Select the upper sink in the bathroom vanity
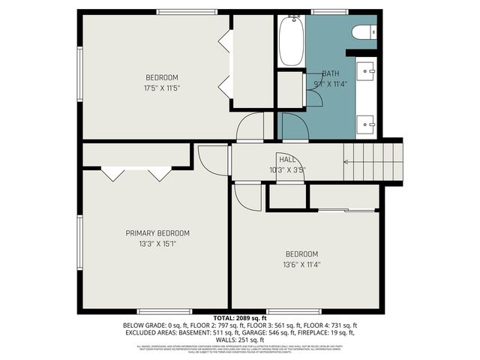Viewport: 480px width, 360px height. tap(367, 71)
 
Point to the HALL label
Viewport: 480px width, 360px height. tap(287, 159)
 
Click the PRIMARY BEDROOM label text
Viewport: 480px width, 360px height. tap(157, 233)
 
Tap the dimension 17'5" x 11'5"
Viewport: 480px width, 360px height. tap(162, 88)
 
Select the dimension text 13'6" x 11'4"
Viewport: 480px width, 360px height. tap(301, 264)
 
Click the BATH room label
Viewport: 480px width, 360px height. tap(331, 73)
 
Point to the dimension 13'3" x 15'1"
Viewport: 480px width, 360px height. tap(157, 244)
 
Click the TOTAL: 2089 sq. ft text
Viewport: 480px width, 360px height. tap(239, 318)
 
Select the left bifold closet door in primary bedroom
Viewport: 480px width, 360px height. tap(113, 173)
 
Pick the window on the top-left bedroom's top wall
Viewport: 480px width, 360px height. tap(178, 12)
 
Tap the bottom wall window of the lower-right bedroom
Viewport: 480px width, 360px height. tap(289, 310)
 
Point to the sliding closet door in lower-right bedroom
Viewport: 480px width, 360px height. tap(345, 210)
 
